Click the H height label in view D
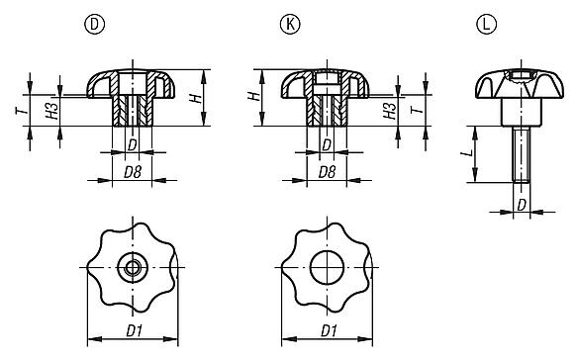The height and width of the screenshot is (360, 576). point(198,98)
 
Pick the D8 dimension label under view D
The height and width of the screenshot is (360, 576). point(131,171)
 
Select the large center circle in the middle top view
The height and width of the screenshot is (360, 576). point(326,268)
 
